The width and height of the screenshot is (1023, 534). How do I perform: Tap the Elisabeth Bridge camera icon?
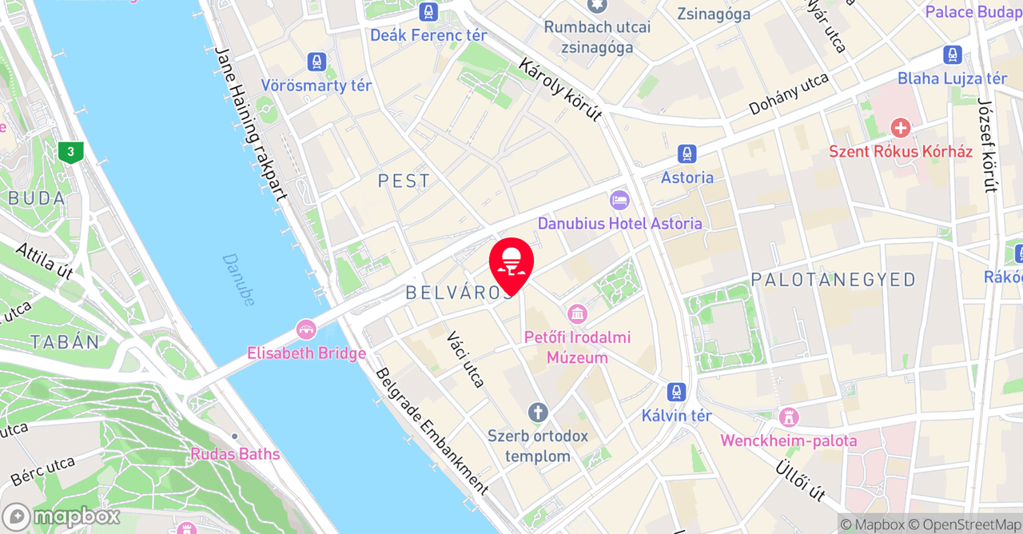[306, 329]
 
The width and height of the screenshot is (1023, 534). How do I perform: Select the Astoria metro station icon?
[687, 154]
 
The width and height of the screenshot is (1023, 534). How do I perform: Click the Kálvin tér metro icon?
[677, 393]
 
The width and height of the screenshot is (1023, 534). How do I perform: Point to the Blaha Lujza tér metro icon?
[952, 55]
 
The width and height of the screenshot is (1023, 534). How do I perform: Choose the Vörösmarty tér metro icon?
[317, 62]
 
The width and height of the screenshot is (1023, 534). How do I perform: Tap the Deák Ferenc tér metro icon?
[428, 12]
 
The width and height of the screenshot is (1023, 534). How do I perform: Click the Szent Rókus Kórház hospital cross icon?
[901, 128]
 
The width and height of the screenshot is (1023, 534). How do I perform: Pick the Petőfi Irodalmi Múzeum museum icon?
[577, 313]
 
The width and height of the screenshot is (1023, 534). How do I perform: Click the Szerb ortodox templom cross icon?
[538, 412]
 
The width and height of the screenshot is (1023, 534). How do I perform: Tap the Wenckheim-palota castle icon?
[789, 416]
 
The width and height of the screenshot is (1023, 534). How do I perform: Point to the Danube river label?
[239, 280]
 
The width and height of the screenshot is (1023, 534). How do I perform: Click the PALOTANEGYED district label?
[833, 279]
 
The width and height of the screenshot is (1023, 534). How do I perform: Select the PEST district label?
[404, 181]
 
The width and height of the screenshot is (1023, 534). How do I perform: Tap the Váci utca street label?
[466, 359]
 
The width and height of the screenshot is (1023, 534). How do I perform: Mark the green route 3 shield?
[71, 152]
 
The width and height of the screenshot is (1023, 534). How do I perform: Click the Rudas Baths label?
[235, 454]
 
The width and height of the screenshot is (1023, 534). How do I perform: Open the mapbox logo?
[62, 516]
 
